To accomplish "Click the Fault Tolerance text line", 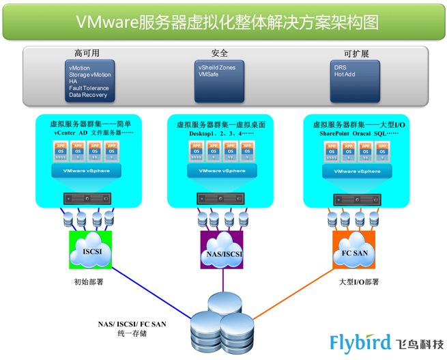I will (88, 88).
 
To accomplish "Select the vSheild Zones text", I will (216, 68).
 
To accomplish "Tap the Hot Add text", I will (345, 74).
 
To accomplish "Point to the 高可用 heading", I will (87, 53).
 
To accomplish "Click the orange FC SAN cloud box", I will (355, 252).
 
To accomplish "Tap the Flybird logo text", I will (360, 342).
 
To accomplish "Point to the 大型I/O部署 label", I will (359, 281).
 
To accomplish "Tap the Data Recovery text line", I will (88, 95).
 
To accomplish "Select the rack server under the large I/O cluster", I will (355, 199).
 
